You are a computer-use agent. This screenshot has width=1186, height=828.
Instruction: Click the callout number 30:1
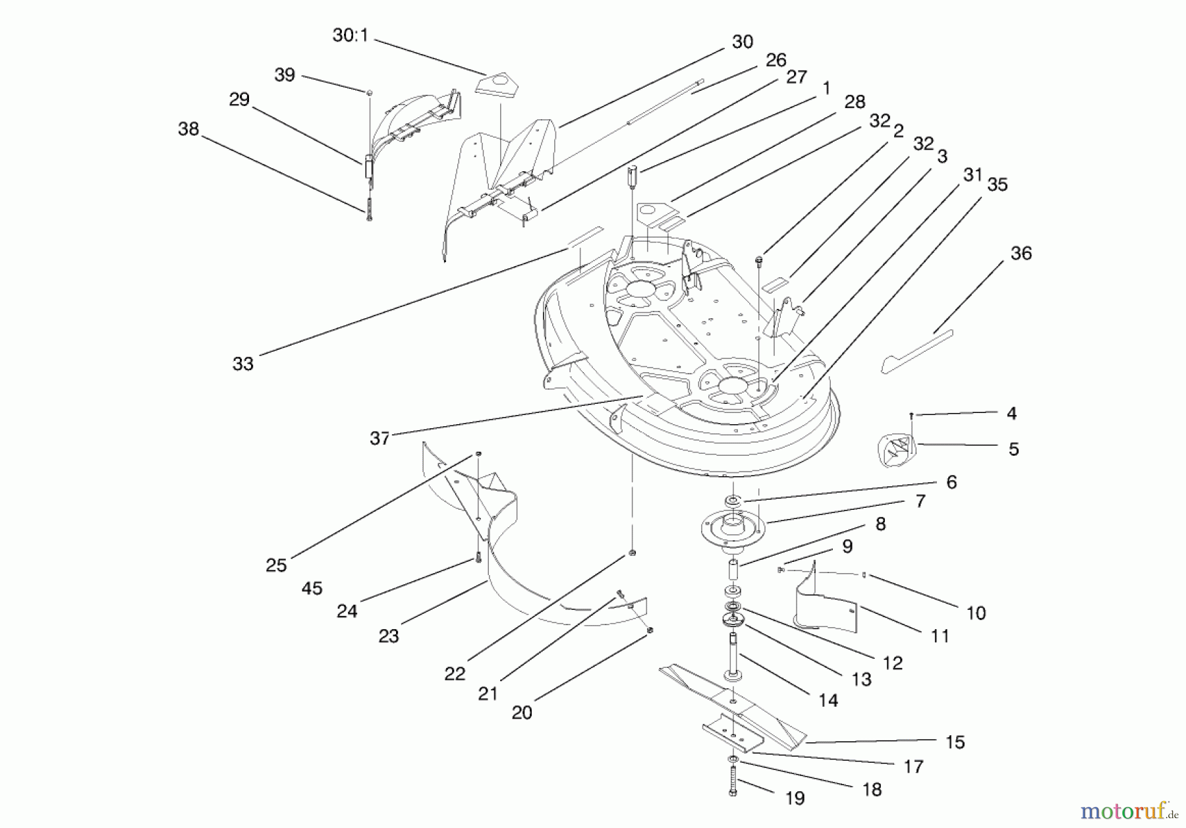[350, 36]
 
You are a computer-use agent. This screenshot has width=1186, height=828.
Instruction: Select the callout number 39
[285, 75]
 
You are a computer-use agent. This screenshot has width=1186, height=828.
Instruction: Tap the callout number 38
[188, 129]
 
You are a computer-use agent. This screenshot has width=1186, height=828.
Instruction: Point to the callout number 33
[242, 364]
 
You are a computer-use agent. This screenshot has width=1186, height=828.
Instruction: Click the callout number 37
[380, 438]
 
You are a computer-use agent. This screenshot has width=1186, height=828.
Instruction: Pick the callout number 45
[312, 588]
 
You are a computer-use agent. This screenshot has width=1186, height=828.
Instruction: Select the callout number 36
[1021, 254]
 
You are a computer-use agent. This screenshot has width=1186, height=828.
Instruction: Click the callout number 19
[795, 798]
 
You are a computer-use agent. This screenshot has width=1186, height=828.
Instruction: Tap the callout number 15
[955, 742]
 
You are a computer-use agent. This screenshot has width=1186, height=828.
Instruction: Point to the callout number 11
[940, 636]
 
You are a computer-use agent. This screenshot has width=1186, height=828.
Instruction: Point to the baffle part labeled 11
[824, 603]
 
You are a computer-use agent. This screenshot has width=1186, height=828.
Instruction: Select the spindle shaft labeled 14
[732, 655]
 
